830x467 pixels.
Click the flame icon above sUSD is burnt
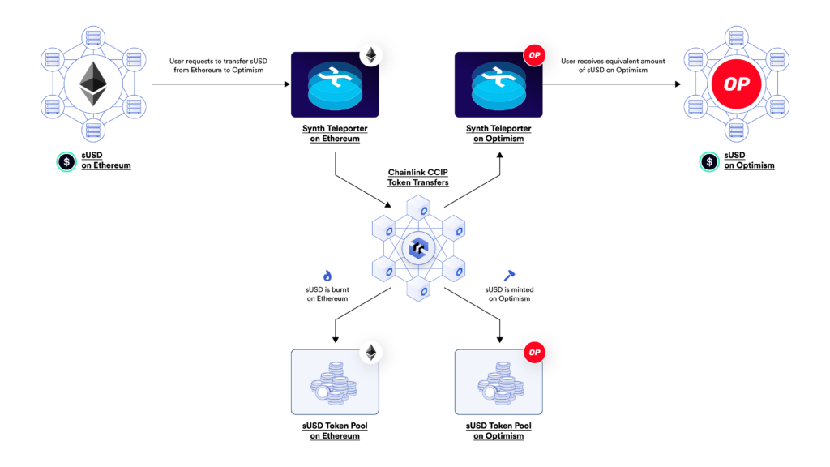[x=327, y=276]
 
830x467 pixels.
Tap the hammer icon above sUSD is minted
[x=508, y=276]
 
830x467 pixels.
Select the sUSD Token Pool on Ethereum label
[x=335, y=431]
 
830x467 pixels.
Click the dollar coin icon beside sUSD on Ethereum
[x=64, y=161]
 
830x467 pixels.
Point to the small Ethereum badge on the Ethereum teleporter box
[x=370, y=54]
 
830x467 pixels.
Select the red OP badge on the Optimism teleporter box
[x=534, y=54]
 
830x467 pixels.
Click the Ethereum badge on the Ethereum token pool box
[x=370, y=352]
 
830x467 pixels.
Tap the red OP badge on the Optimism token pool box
[x=534, y=352]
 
